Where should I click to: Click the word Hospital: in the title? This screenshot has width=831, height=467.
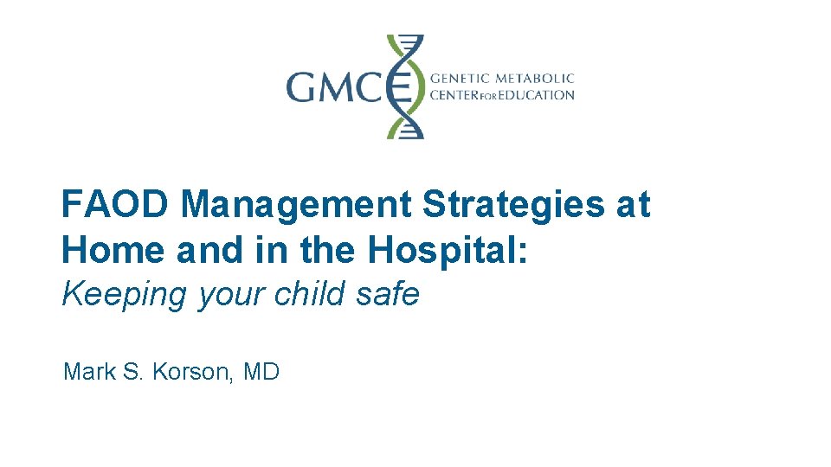449,249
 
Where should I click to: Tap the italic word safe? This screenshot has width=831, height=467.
394,294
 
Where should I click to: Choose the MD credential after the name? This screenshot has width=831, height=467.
261,373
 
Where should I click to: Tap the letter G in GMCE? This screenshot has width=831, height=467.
304,87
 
